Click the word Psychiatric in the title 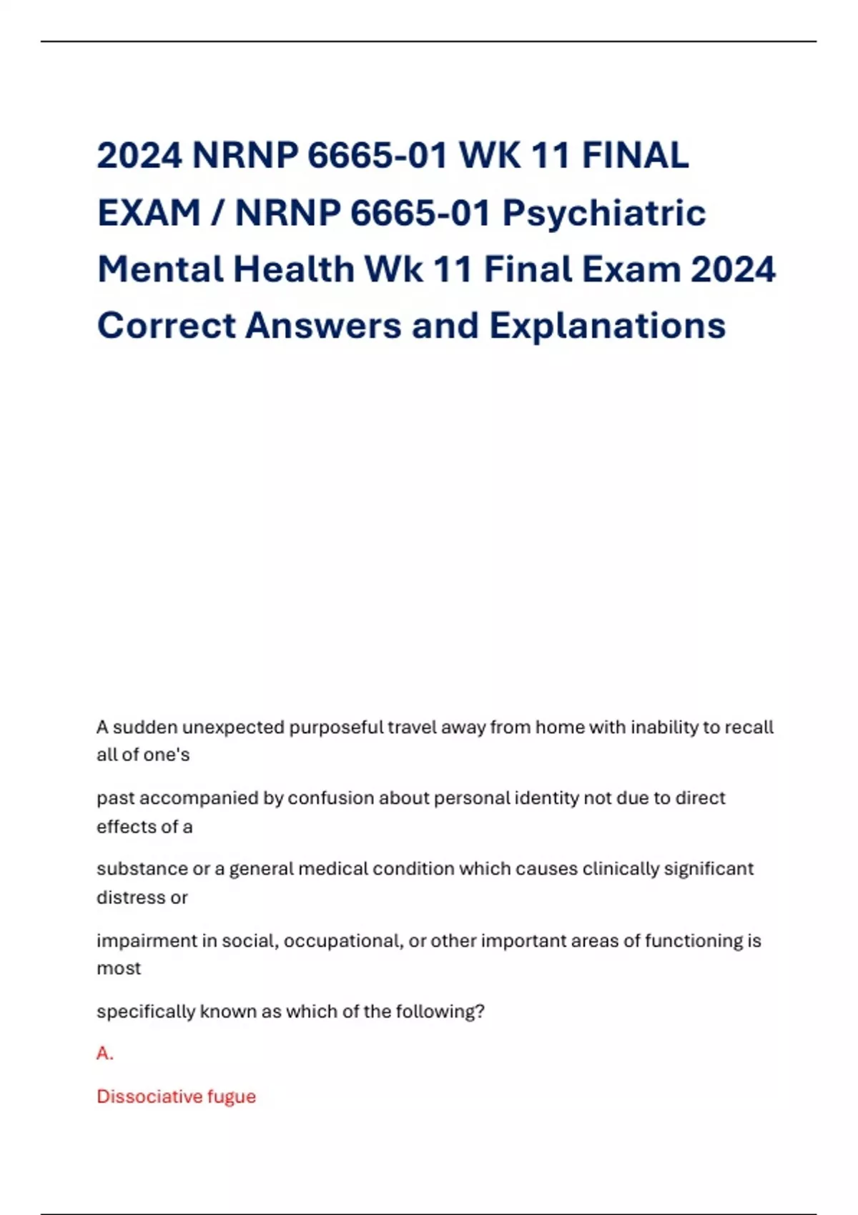coord(604,214)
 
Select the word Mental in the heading coord(160,270)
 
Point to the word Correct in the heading coord(167,326)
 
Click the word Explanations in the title coord(607,326)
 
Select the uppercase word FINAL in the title coord(635,156)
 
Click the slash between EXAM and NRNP coord(218,214)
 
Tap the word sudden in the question coord(145,728)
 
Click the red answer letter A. coord(104,1053)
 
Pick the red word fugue coord(232,1097)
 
